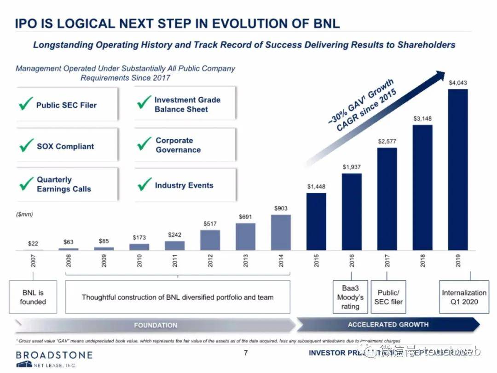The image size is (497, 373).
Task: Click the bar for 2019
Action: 458,169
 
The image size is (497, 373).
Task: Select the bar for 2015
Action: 316,221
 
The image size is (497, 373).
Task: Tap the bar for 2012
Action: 210,240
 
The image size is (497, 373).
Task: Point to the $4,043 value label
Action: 458,83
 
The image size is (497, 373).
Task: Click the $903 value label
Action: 281,208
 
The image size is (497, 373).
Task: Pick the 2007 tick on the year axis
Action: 33,262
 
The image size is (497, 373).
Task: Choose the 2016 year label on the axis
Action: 352,262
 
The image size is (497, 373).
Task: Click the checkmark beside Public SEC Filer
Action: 26,104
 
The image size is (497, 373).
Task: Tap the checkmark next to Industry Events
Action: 144,184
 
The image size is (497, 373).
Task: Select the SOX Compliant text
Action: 65,147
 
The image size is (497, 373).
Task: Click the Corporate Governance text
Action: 178,145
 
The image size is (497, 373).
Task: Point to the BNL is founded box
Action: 33,297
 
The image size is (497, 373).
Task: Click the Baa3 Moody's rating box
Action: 350,297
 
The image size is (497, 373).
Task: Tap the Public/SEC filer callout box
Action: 388,297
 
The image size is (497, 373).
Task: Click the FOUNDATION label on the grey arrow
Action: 156,326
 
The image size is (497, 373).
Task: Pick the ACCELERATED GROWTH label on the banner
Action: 388,325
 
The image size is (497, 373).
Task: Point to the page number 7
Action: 246,354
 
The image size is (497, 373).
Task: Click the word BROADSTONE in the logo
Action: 54,355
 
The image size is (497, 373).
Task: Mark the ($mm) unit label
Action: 25,214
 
